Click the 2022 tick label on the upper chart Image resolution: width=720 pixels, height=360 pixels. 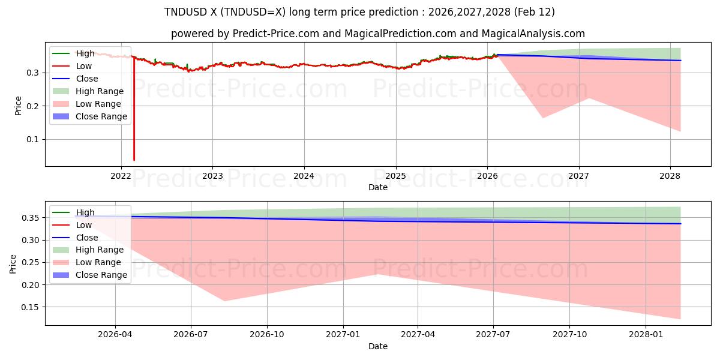click(x=121, y=175)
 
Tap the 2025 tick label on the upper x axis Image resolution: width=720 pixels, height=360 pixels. click(x=395, y=175)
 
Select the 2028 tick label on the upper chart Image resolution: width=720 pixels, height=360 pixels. click(x=670, y=175)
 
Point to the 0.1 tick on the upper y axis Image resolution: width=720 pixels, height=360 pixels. click(x=34, y=139)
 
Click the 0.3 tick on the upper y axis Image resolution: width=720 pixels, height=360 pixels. click(x=34, y=73)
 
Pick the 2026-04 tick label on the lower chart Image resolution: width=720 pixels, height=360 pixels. click(x=115, y=334)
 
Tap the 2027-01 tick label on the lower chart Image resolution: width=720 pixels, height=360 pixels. click(x=343, y=334)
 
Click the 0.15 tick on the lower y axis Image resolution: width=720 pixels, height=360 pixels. click(x=31, y=307)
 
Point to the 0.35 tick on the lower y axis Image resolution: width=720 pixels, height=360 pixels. click(x=31, y=218)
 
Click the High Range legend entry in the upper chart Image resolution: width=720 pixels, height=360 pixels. click(x=99, y=91)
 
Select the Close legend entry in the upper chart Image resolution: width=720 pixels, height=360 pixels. click(x=86, y=79)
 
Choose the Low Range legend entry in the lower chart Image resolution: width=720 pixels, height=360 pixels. click(x=98, y=262)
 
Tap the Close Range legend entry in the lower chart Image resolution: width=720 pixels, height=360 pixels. click(x=101, y=275)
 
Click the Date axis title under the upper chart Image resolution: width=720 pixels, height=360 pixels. click(x=378, y=187)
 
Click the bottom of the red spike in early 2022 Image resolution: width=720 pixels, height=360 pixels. click(x=134, y=160)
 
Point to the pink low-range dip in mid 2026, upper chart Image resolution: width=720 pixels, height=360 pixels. click(x=543, y=117)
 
